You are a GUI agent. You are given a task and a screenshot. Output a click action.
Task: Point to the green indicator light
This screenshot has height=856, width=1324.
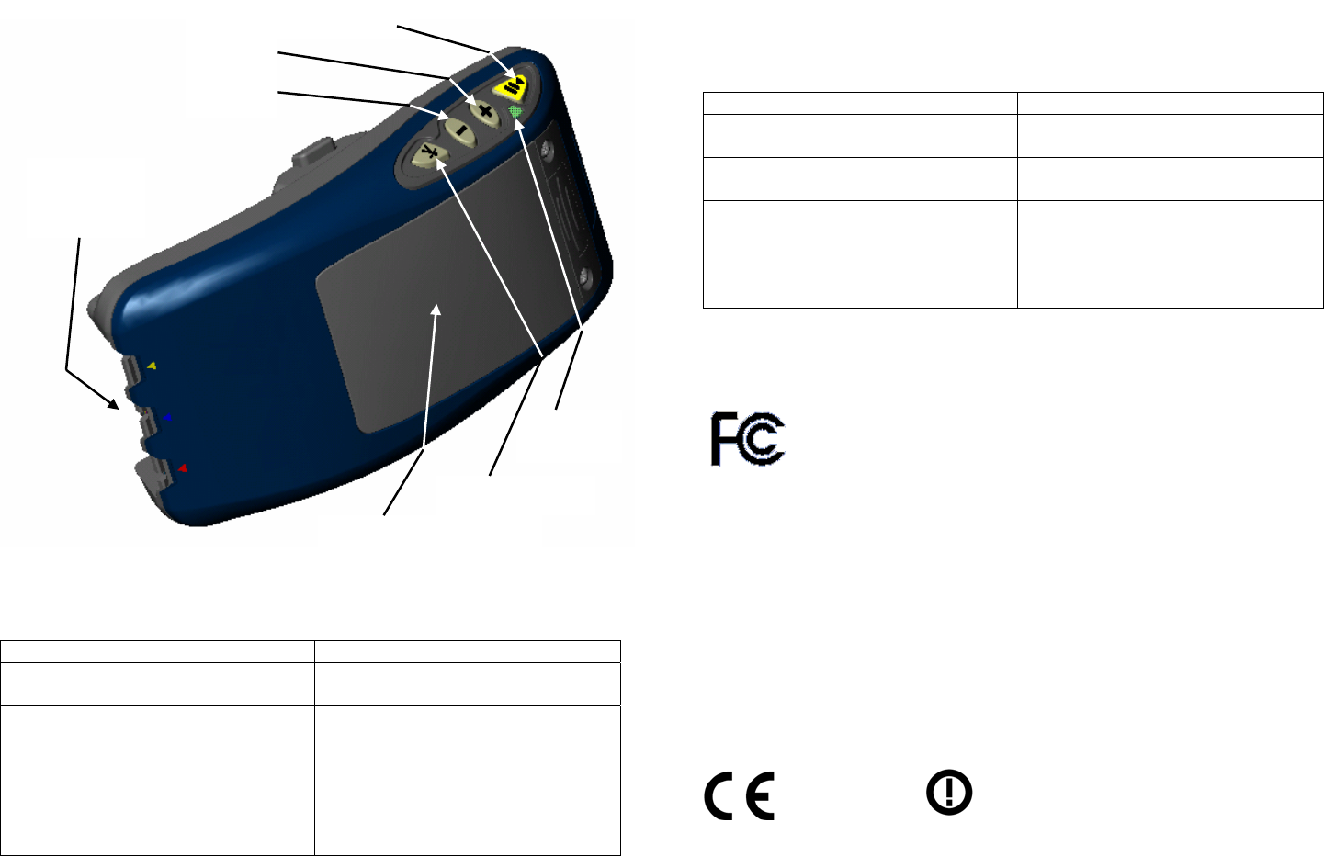[x=515, y=112]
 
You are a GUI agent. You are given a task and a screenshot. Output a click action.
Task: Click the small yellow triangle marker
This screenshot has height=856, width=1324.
[x=153, y=366]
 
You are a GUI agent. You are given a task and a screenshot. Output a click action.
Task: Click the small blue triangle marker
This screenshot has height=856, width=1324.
[x=166, y=417]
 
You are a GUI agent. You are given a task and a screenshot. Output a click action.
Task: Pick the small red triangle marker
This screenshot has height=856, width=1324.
[x=182, y=468]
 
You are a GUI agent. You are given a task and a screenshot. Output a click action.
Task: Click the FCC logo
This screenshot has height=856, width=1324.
[x=747, y=439]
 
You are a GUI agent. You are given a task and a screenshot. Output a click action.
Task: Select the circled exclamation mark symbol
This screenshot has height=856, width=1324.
[x=949, y=793]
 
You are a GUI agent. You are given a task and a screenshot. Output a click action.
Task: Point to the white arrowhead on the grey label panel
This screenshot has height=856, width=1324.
[x=437, y=311]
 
